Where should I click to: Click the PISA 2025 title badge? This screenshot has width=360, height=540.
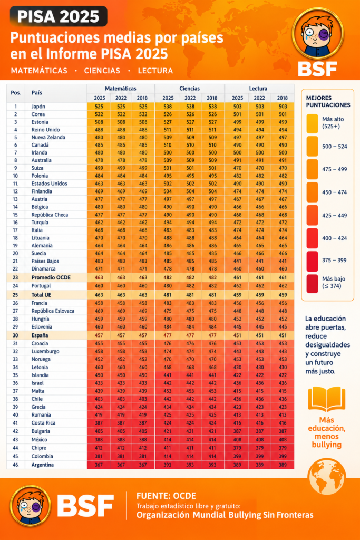(x=59, y=16)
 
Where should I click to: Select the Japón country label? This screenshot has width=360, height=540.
(x=38, y=107)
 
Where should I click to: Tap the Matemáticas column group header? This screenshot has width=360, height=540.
(x=121, y=89)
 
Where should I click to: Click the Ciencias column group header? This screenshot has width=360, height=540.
(x=189, y=89)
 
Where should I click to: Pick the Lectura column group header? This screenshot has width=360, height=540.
(x=258, y=89)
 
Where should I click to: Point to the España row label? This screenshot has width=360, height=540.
(x=40, y=335)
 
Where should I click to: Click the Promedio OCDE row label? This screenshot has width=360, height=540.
(x=51, y=277)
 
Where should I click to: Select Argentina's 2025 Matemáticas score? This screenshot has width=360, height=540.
(x=99, y=465)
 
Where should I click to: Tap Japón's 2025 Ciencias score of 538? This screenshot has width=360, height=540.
(x=168, y=107)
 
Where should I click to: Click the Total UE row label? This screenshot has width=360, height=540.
(x=41, y=295)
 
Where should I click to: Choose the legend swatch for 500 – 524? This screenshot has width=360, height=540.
(x=312, y=147)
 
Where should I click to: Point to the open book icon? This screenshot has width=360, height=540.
(x=326, y=399)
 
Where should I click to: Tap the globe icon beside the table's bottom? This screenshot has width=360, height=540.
(x=326, y=476)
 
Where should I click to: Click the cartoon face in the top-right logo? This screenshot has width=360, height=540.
(x=317, y=34)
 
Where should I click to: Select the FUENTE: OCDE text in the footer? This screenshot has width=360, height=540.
(x=166, y=496)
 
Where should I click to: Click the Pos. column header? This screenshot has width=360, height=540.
(x=15, y=93)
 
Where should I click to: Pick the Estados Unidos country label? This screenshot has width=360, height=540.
(x=49, y=184)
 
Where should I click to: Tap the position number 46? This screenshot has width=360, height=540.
(x=15, y=465)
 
